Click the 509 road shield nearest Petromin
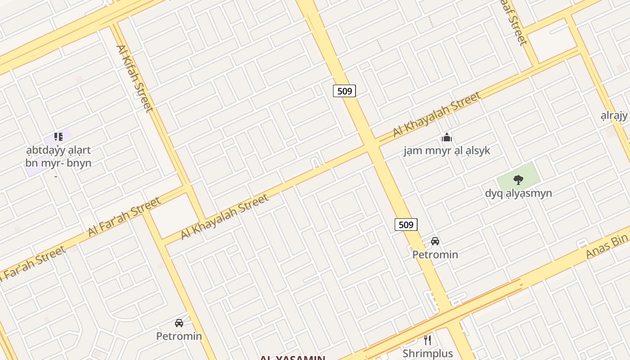(406, 224)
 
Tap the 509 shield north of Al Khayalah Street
(344, 91)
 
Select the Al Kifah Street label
(135, 78)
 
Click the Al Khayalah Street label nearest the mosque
(436, 114)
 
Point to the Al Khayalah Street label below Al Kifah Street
(225, 216)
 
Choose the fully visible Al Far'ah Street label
(124, 216)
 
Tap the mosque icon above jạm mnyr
(446, 137)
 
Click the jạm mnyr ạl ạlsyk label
(446, 151)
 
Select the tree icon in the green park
(518, 180)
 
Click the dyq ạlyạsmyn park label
(518, 193)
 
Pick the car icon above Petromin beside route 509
(435, 241)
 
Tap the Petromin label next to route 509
(435, 255)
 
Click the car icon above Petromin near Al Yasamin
(179, 323)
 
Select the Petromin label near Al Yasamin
(179, 336)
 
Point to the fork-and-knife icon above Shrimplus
(427, 340)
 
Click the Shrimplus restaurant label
(427, 353)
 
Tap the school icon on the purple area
(58, 136)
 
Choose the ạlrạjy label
(614, 116)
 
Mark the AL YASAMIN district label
(292, 358)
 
